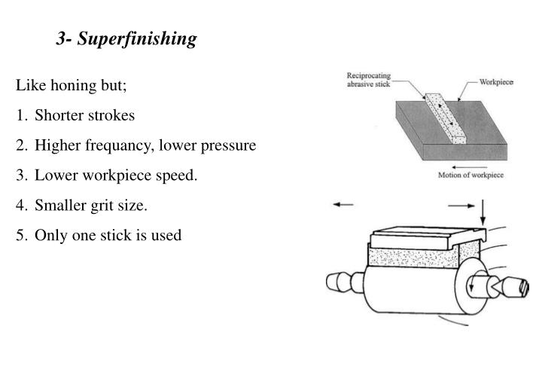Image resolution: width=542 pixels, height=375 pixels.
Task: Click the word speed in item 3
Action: (180, 176)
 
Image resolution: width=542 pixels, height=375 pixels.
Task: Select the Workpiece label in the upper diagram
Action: (496, 81)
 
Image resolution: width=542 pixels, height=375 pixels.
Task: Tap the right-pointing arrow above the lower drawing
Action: (461, 204)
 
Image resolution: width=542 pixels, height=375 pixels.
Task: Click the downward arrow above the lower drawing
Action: (483, 211)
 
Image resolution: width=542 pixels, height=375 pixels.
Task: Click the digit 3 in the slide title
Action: (59, 39)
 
